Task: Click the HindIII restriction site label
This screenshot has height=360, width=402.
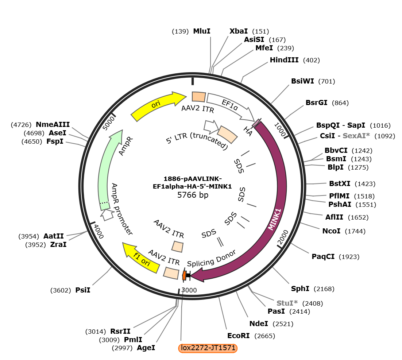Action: pyautogui.click(x=284, y=60)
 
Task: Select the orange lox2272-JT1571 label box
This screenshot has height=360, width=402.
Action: pyautogui.click(x=208, y=348)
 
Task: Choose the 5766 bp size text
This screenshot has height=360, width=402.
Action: pyautogui.click(x=193, y=195)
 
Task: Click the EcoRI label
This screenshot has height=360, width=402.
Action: pyautogui.click(x=239, y=336)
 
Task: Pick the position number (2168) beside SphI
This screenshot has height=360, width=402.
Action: pyautogui.click(x=324, y=289)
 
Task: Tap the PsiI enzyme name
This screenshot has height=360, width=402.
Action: pyautogui.click(x=83, y=290)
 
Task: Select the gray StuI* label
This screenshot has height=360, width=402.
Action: pyautogui.click(x=287, y=303)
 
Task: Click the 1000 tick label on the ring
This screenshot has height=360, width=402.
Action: pyautogui.click(x=280, y=129)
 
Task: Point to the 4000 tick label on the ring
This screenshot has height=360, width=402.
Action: pyautogui.click(x=98, y=231)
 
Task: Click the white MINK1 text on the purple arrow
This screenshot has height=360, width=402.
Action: pyautogui.click(x=275, y=220)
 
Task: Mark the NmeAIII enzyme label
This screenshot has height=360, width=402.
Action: pyautogui.click(x=53, y=124)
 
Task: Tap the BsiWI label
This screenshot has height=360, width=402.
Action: pyautogui.click(x=302, y=81)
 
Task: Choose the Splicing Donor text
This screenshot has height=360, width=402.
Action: pyautogui.click(x=212, y=259)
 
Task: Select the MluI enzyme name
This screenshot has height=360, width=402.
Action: pyautogui.click(x=202, y=31)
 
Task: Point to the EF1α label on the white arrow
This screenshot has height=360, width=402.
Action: pyautogui.click(x=230, y=105)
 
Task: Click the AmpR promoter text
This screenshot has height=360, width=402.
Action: pyautogui.click(x=122, y=209)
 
